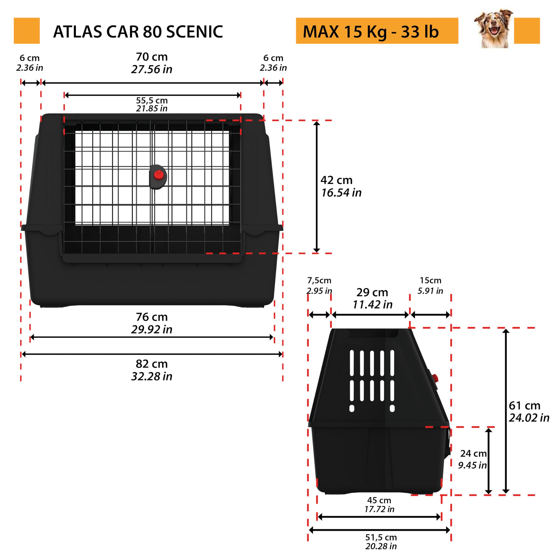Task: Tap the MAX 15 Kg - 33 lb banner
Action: coord(377,31)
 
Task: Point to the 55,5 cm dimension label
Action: coord(152,100)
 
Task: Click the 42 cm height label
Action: coord(336,180)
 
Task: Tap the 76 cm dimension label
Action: coord(152,317)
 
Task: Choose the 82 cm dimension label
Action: coord(152,364)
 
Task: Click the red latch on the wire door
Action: coord(158,175)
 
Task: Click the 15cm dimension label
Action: coord(430,280)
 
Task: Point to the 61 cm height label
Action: coord(525,406)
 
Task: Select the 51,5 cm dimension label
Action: coord(381,537)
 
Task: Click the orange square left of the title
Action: coord(27,31)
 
